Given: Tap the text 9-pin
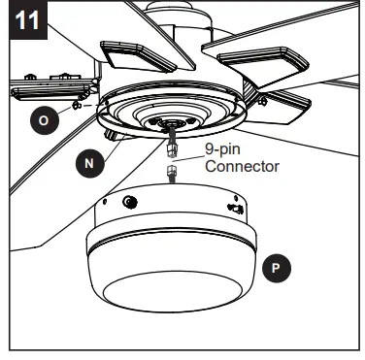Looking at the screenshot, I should (223, 151).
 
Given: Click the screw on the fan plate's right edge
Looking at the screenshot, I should (259, 100).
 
